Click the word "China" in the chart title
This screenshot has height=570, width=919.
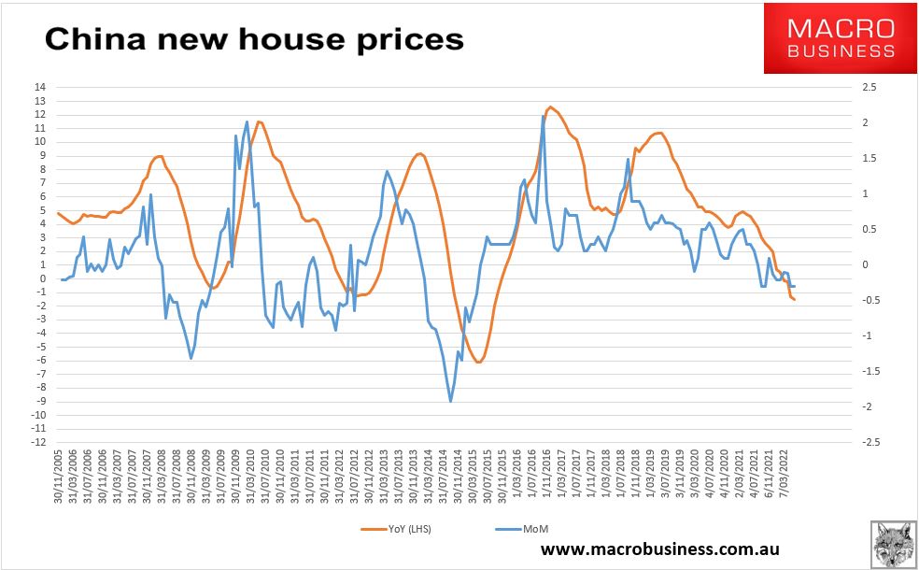pyautogui.click(x=95, y=39)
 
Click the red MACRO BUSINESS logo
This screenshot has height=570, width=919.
pyautogui.click(x=840, y=38)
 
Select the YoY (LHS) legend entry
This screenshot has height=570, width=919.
pyautogui.click(x=396, y=529)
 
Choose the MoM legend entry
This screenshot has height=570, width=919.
pyautogui.click(x=522, y=529)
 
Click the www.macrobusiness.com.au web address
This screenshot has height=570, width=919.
pyautogui.click(x=660, y=549)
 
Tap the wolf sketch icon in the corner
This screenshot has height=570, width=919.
pyautogui.click(x=893, y=543)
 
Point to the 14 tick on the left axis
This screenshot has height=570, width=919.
pyautogui.click(x=40, y=88)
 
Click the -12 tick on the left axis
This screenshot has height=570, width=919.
pyautogui.click(x=38, y=442)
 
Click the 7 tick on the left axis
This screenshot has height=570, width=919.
pyautogui.click(x=43, y=183)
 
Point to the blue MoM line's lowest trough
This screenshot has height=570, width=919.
pyautogui.click(x=450, y=401)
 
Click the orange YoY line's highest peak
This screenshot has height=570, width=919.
pyautogui.click(x=550, y=107)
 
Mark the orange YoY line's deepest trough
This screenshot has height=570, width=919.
pyautogui.click(x=478, y=363)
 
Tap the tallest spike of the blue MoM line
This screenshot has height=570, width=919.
pyautogui.click(x=544, y=116)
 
